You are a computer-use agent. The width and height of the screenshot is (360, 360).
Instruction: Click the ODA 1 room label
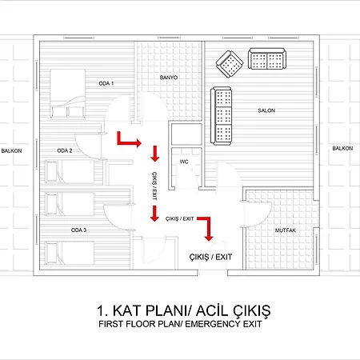tap(106, 83)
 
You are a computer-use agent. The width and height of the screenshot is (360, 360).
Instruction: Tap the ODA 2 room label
tap(65, 150)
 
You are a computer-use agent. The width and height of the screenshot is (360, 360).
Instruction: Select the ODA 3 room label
tap(78, 230)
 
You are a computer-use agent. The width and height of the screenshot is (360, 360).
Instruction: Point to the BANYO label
tap(169, 78)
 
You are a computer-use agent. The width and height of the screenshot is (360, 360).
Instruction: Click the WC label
tap(184, 162)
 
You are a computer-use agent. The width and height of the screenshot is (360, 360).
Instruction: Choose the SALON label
tap(266, 110)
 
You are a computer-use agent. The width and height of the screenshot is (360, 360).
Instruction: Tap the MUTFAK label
tap(286, 230)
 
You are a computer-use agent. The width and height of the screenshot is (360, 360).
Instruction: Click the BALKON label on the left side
tap(11, 151)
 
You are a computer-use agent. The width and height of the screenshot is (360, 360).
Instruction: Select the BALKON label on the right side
tap(342, 148)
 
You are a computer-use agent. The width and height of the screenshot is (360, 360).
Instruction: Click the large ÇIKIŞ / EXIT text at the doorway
tap(210, 257)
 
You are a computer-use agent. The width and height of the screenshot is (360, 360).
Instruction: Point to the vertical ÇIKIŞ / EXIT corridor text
tap(154, 186)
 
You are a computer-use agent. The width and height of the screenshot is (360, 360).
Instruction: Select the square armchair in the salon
tap(230, 64)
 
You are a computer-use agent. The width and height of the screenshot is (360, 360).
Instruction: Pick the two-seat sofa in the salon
tap(267, 58)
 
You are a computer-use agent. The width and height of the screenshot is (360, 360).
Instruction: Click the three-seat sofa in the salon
tap(221, 116)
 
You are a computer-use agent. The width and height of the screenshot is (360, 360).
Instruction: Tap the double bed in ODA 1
tap(68, 94)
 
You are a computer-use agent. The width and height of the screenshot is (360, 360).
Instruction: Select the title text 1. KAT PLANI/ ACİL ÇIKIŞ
tap(184, 310)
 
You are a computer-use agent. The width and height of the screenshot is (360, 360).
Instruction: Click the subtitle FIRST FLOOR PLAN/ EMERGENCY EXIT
tap(180, 324)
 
